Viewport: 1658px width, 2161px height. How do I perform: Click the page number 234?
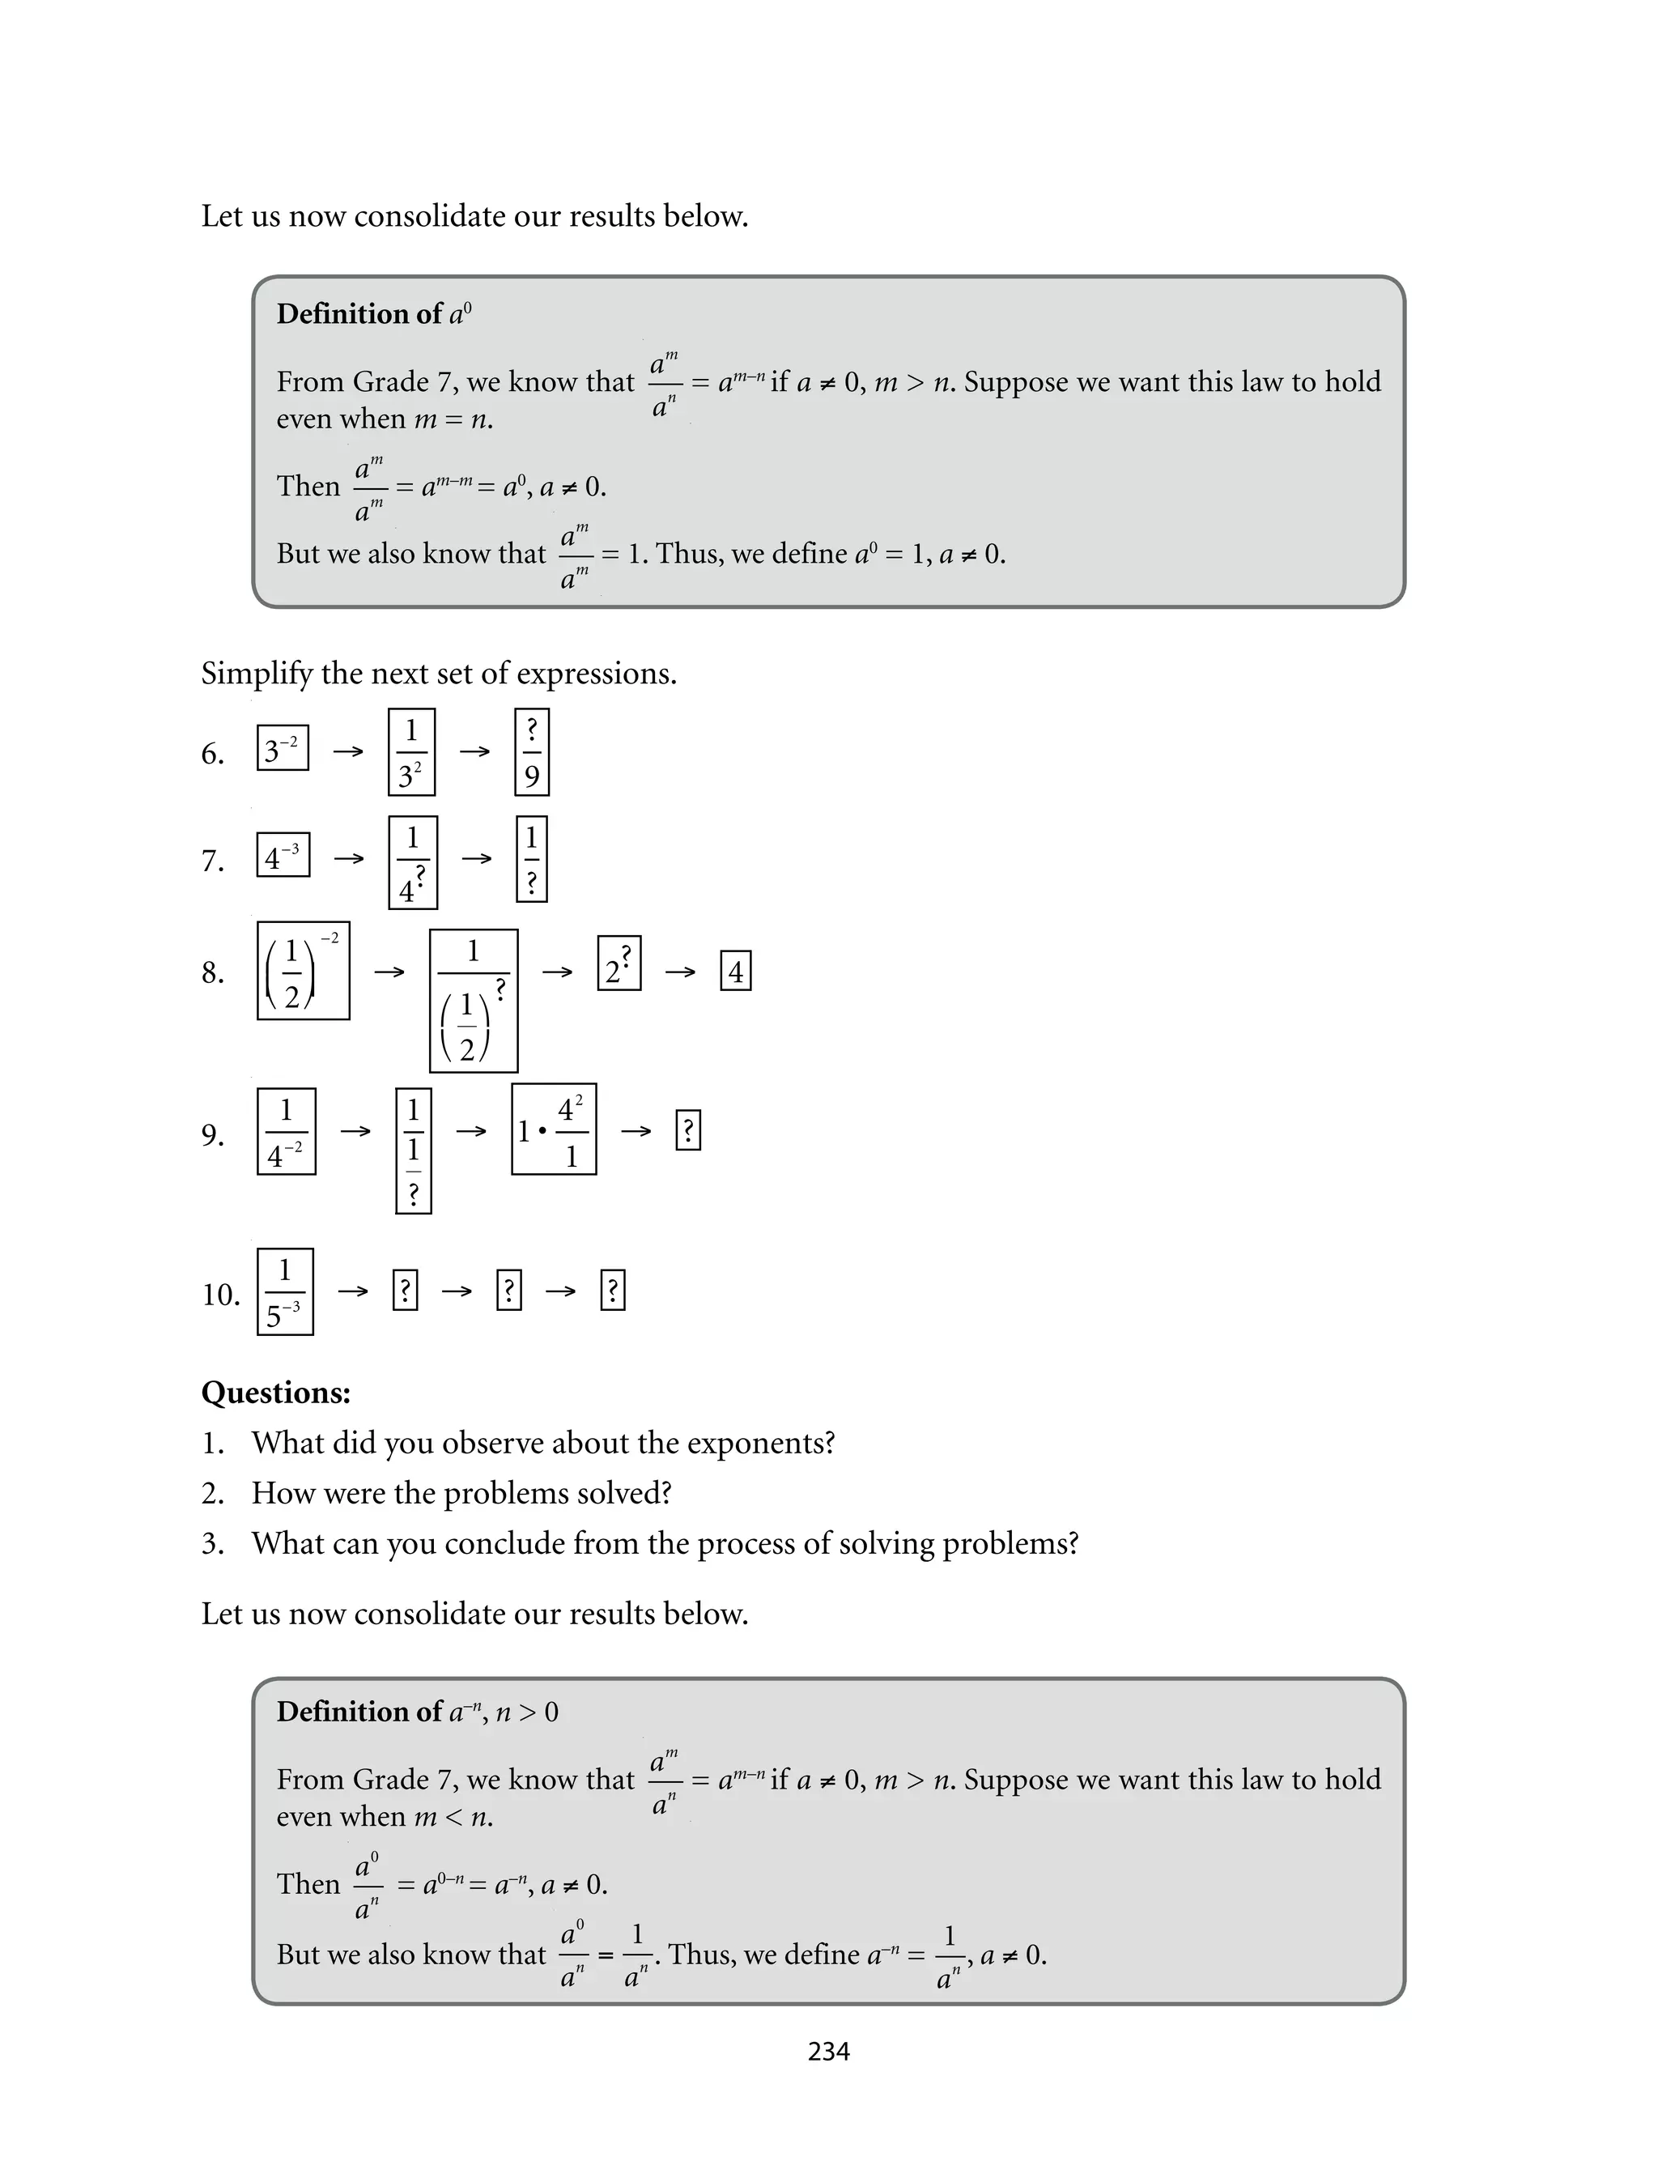[828, 2052]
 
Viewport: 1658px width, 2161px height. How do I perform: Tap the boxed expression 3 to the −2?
[283, 748]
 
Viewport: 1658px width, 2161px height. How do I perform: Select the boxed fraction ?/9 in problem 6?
[532, 752]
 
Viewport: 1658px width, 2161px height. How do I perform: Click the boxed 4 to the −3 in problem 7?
[283, 856]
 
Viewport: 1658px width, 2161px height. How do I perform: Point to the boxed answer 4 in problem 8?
[735, 971]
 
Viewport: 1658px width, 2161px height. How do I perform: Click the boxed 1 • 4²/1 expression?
[554, 1129]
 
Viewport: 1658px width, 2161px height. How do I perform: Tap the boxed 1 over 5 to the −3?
[285, 1291]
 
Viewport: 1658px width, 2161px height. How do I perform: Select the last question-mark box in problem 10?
[613, 1291]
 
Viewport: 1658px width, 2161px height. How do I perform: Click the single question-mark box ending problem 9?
[688, 1131]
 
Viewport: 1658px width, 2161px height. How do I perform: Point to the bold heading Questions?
[276, 1393]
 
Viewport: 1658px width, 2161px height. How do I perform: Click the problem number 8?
[212, 973]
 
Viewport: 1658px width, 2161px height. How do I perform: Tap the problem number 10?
[221, 1295]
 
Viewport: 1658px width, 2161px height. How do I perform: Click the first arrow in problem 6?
[347, 752]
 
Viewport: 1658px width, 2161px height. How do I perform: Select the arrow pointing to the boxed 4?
[680, 972]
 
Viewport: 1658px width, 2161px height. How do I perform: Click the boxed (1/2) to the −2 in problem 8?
[303, 971]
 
